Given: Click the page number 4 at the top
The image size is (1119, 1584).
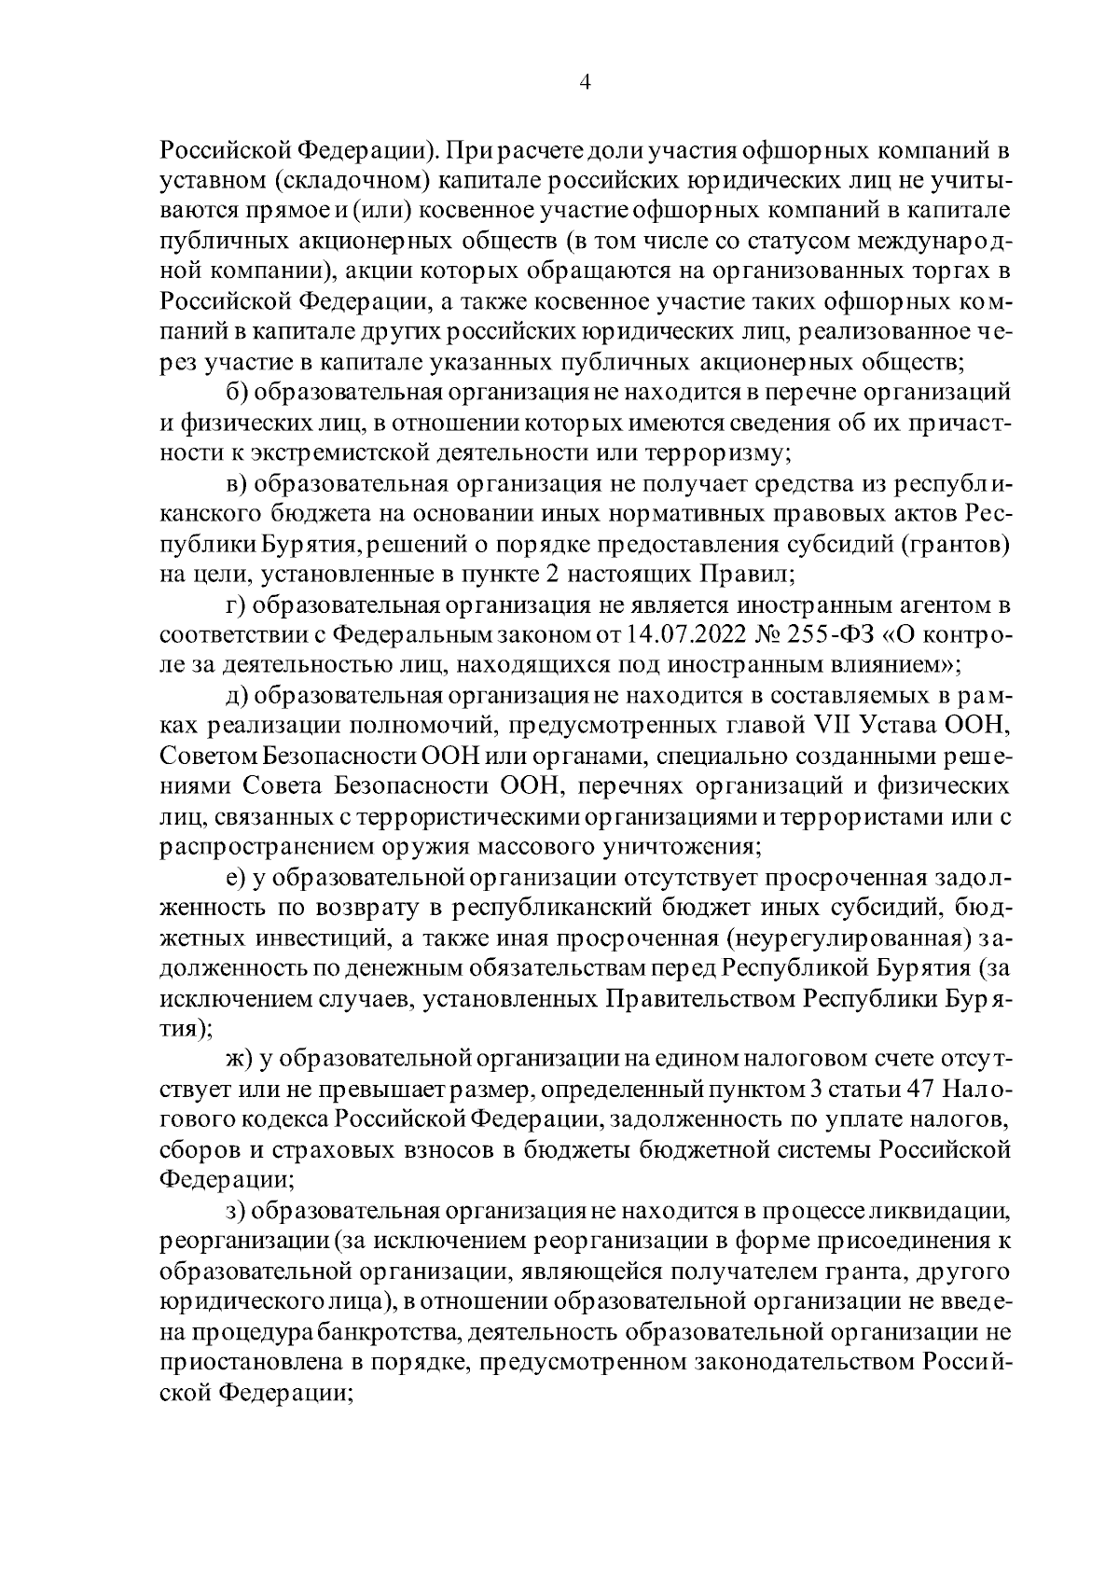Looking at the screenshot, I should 585,82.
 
